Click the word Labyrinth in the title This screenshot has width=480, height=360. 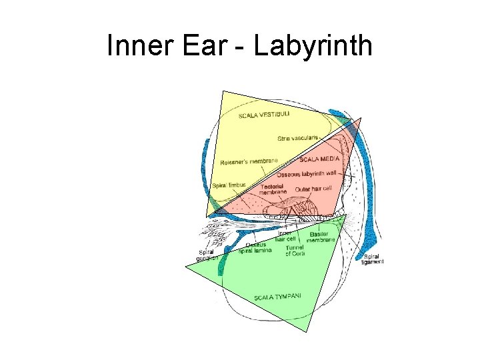coord(313,47)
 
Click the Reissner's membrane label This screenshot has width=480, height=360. coord(249,161)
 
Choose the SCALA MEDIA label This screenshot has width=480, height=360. coord(319,160)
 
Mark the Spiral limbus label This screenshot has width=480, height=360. coord(229,185)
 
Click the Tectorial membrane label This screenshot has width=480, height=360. coord(273,189)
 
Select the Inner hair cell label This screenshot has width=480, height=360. coord(287,236)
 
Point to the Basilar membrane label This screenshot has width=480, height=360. coord(321,237)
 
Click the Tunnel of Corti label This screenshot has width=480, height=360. coord(295,251)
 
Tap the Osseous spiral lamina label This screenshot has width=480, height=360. coord(255,247)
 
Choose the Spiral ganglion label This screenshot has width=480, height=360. coord(207,256)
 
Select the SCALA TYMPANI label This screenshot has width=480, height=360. coord(277,296)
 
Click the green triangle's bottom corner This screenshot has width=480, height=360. coord(307,331)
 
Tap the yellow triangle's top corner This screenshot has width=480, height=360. coord(223,91)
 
